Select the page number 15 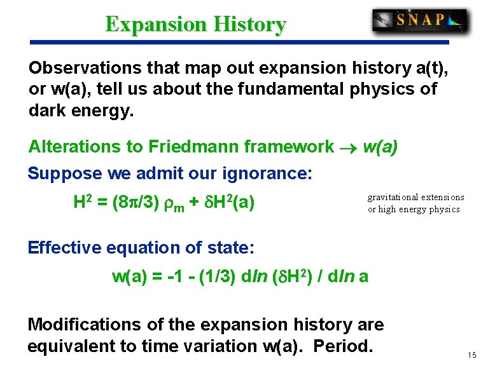[471, 354]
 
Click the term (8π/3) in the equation [133, 203]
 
